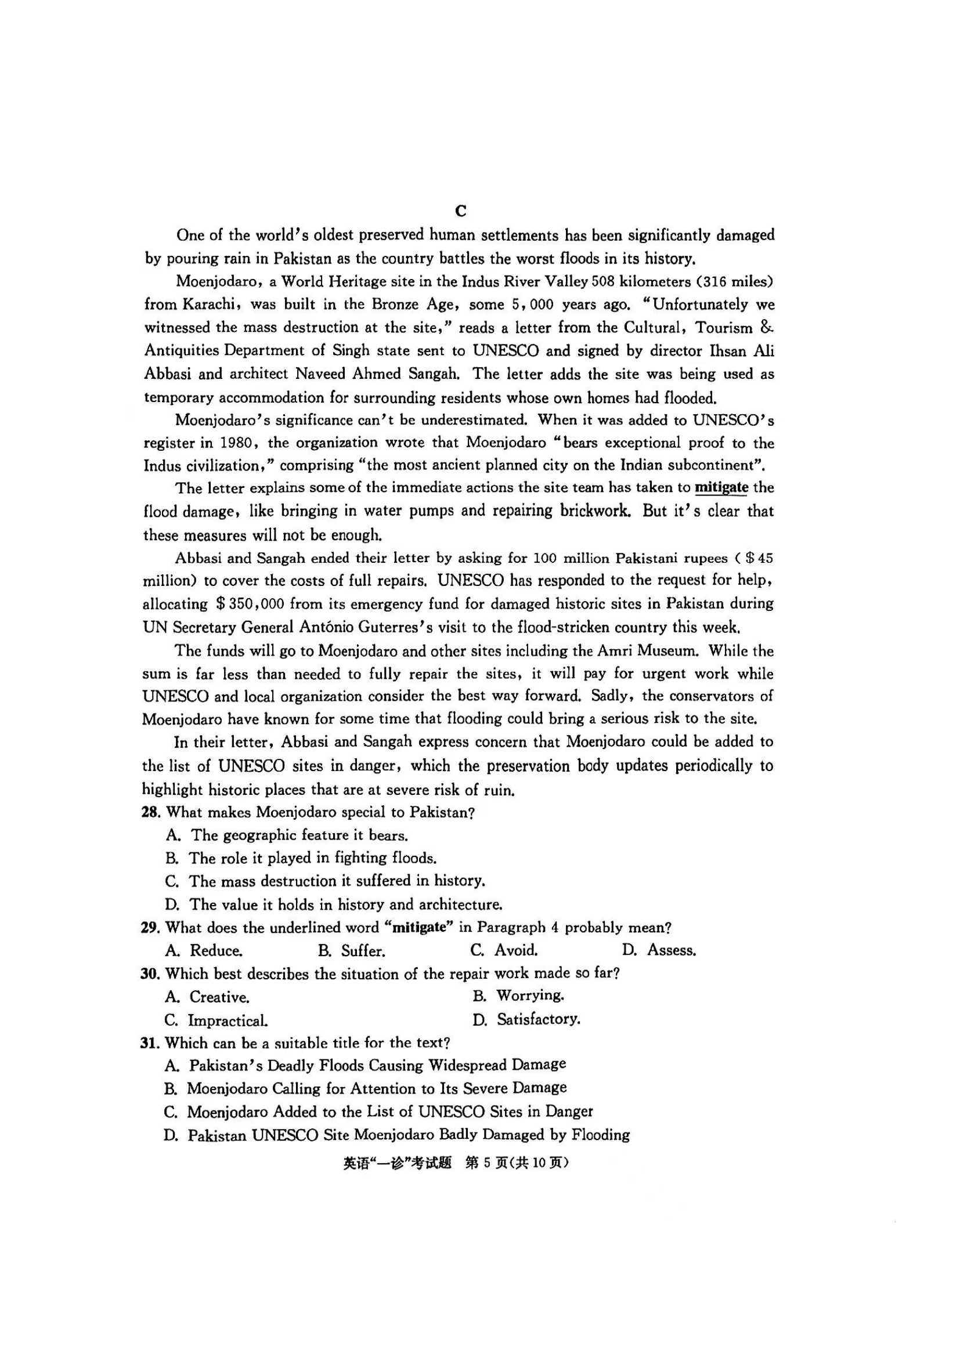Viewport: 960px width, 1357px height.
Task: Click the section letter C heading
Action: pyautogui.click(x=461, y=211)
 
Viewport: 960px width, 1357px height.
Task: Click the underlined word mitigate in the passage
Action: pyautogui.click(x=721, y=487)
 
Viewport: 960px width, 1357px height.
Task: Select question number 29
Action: pyautogui.click(x=150, y=928)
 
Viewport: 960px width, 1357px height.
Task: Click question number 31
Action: pyautogui.click(x=150, y=1043)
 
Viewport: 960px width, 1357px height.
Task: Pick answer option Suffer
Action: pyautogui.click(x=362, y=951)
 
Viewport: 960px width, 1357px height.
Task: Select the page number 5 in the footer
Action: pyautogui.click(x=487, y=1163)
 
